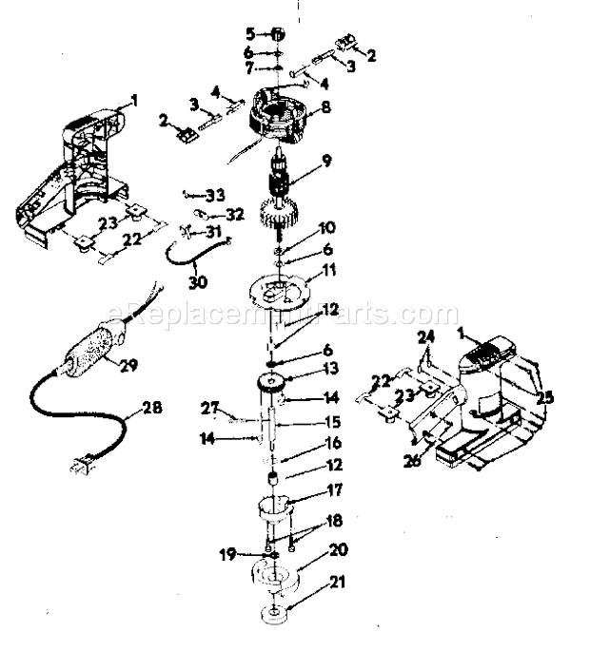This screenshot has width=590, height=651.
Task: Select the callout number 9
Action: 326,161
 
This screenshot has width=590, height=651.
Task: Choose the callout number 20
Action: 311,549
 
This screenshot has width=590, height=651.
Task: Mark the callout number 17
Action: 306,493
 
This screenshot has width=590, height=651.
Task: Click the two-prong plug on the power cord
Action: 77,467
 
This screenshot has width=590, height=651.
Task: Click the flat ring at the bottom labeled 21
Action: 274,611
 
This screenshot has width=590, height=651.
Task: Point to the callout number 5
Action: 250,33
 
